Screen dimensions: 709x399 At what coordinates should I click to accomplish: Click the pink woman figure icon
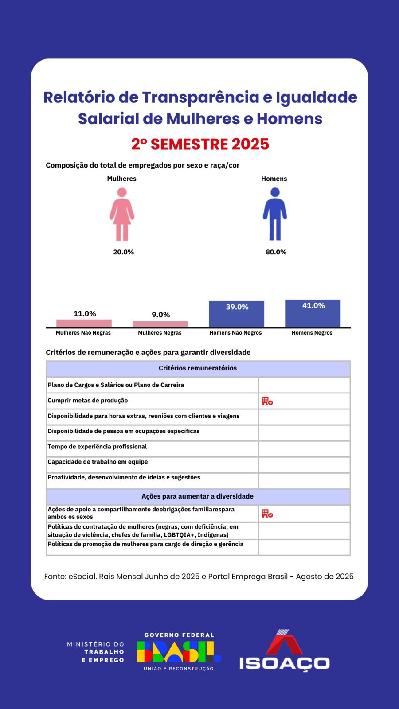click(x=122, y=214)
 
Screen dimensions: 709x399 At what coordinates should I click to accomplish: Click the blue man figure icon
click(x=275, y=214)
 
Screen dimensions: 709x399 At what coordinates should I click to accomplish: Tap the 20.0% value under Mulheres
click(x=123, y=252)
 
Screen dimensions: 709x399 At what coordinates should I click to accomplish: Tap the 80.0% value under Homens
click(x=276, y=252)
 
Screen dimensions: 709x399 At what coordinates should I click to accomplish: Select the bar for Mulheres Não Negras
click(x=84, y=323)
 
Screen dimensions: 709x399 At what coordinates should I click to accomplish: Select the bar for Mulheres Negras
click(x=160, y=324)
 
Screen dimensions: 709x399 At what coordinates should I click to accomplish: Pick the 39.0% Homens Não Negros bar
click(x=236, y=314)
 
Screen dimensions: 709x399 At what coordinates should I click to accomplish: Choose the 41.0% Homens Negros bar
click(x=313, y=313)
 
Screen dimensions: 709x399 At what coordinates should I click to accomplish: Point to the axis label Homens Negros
click(x=312, y=333)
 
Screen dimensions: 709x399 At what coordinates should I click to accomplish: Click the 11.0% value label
click(x=85, y=314)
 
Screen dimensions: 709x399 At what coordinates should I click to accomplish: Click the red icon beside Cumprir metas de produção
click(x=267, y=401)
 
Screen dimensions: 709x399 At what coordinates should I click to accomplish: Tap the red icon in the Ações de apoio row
click(x=267, y=514)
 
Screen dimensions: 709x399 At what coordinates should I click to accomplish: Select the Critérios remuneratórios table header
click(x=198, y=368)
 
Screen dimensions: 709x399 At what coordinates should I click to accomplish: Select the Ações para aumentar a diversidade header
click(x=198, y=496)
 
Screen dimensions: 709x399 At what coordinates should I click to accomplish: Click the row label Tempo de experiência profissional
click(x=97, y=447)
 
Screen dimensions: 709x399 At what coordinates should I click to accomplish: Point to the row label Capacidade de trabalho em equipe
click(x=98, y=462)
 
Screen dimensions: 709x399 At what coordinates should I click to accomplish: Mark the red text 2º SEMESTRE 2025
click(x=200, y=144)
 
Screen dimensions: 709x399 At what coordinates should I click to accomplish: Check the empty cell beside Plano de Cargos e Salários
click(x=304, y=385)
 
